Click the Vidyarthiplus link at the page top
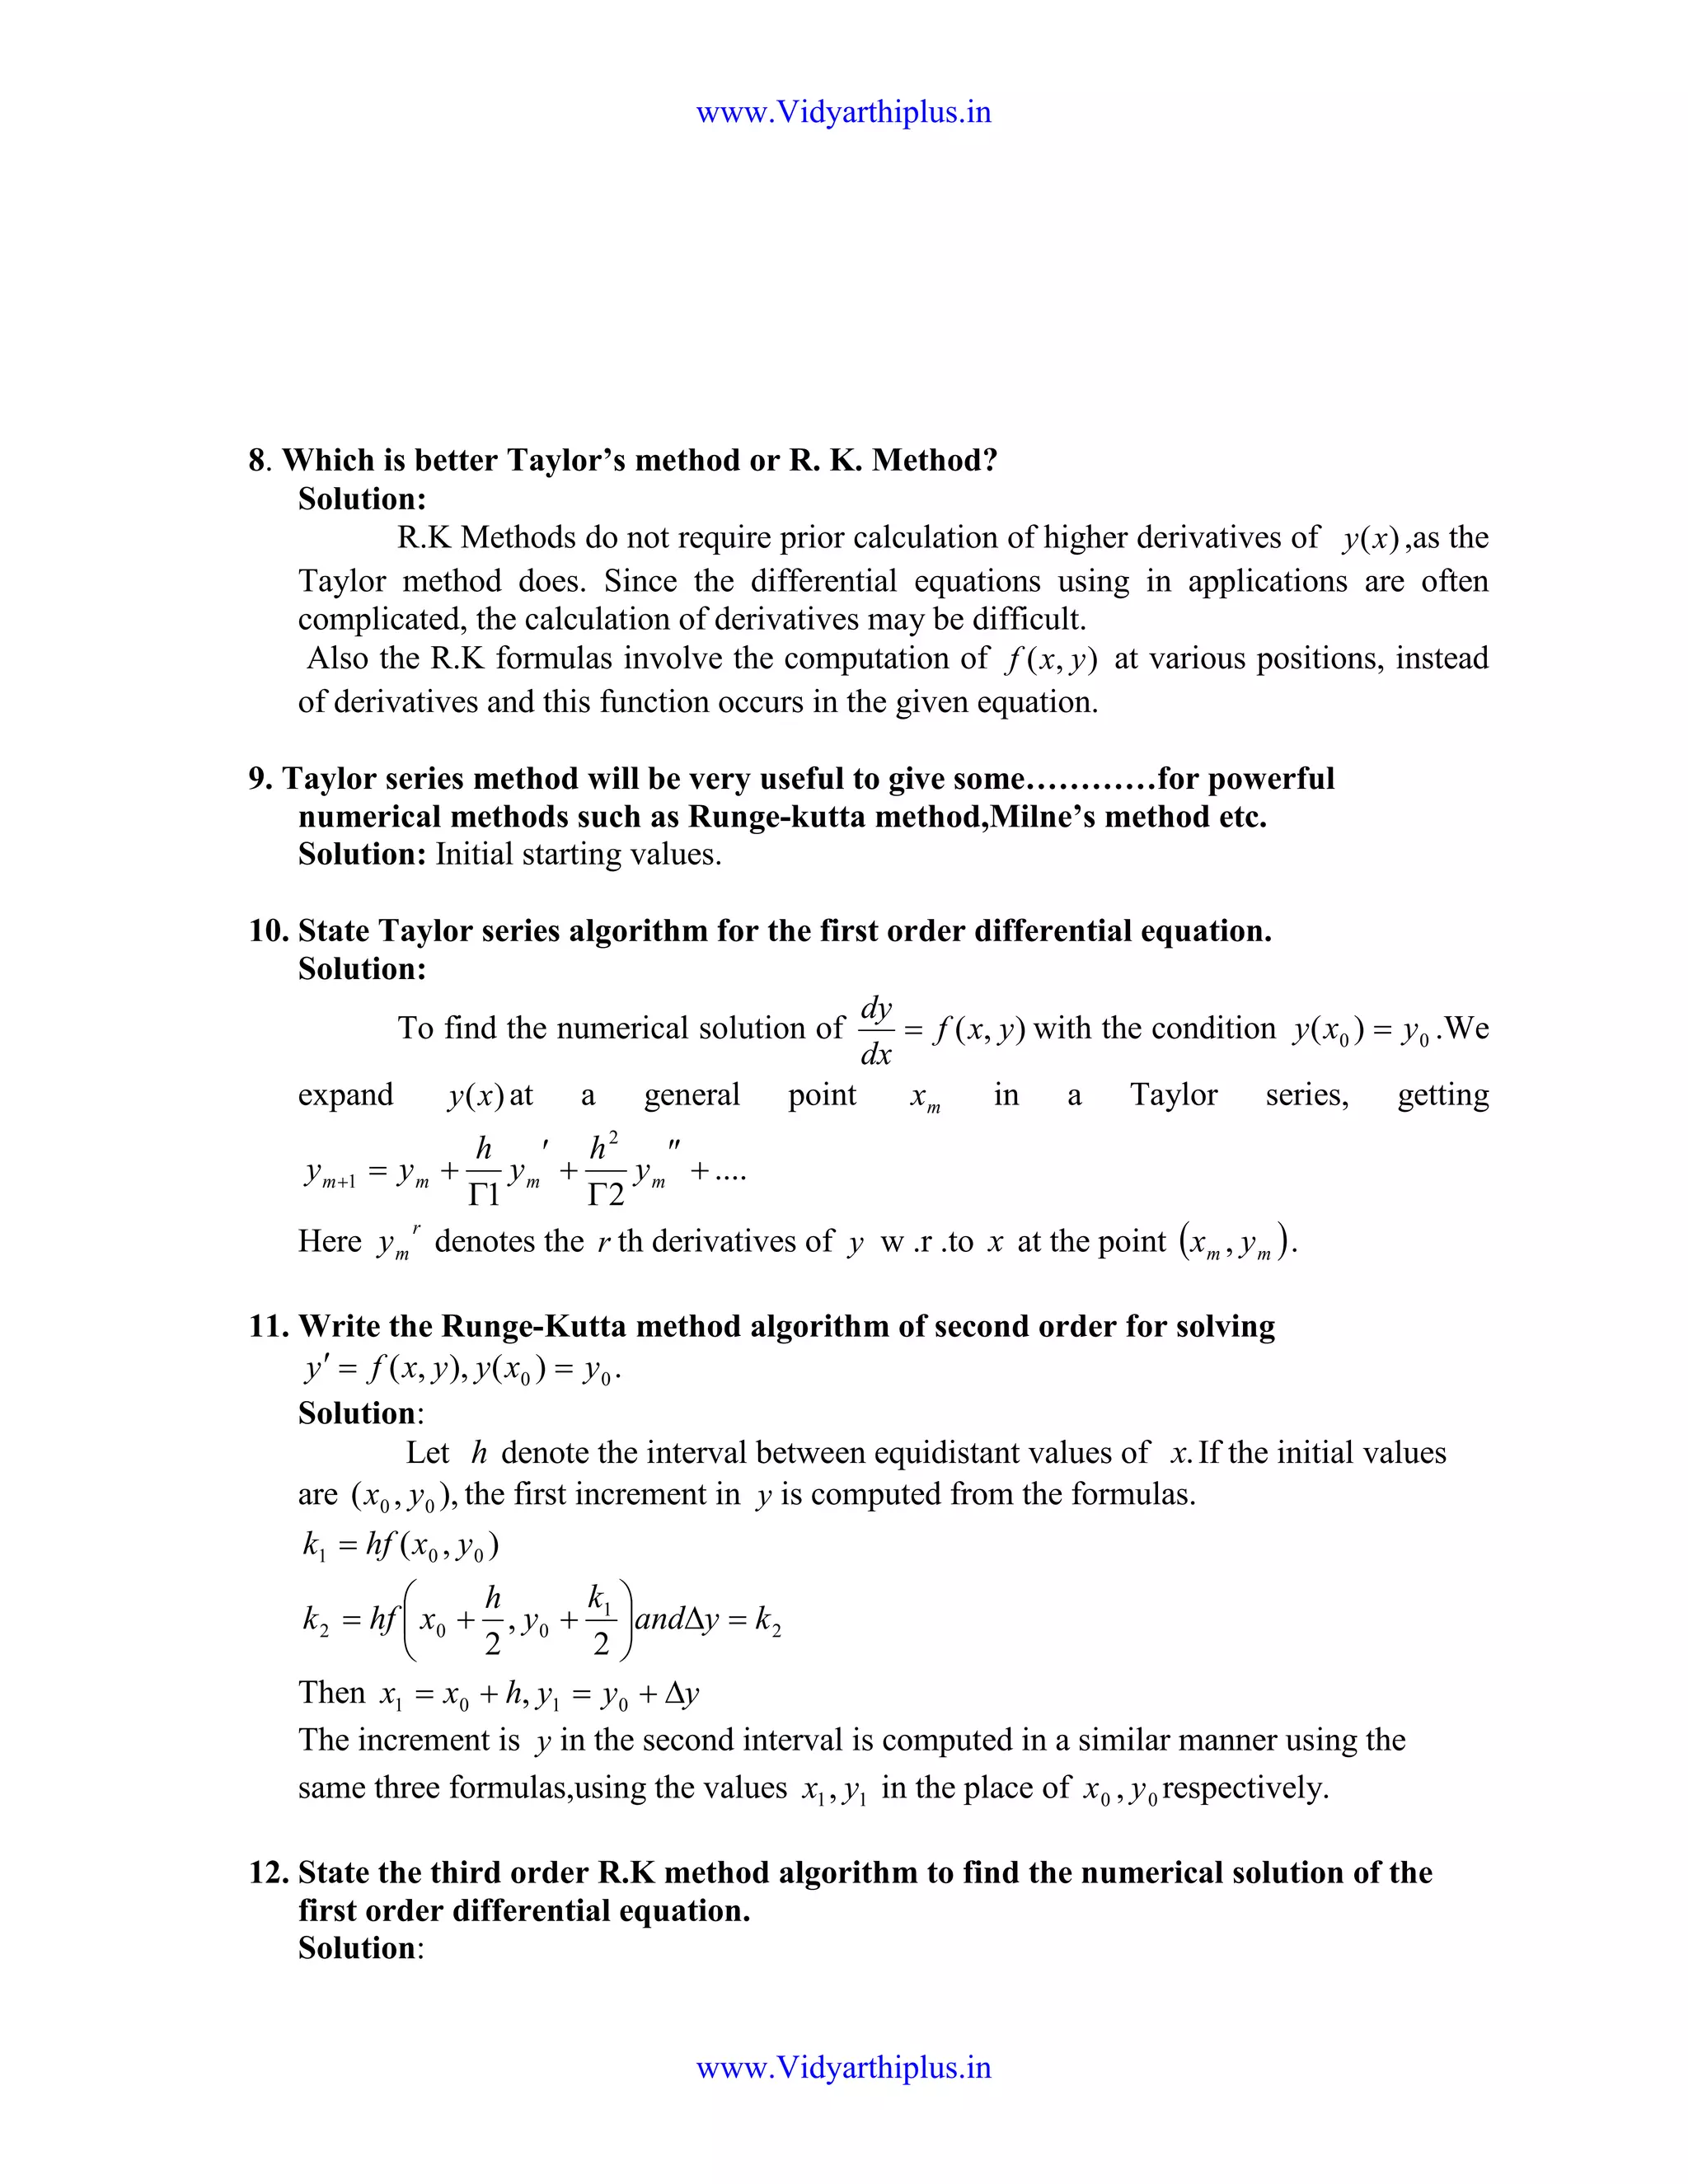[843, 112]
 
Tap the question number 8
[257, 461]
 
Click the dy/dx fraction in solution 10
[876, 1031]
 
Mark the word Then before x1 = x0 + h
[332, 1692]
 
